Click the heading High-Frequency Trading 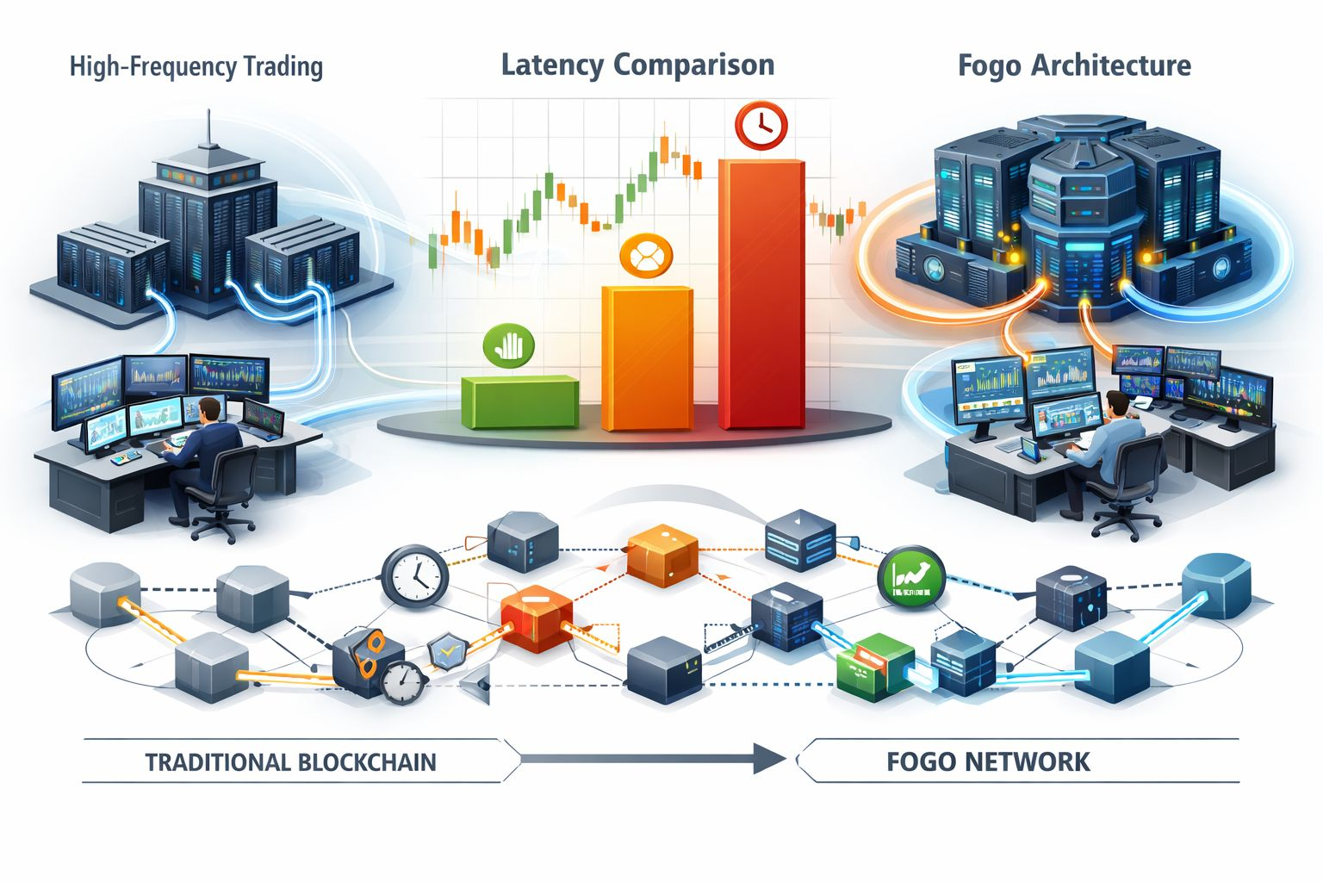pos(196,66)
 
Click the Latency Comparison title pos(637,65)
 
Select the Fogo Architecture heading pos(1074,65)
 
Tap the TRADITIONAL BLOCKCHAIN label pos(290,762)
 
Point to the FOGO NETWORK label pos(988,762)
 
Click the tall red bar pos(761,293)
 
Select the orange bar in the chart pos(647,357)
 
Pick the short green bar pos(519,401)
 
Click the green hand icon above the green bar pos(510,345)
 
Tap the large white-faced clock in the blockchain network pos(414,573)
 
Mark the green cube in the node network pos(873,664)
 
